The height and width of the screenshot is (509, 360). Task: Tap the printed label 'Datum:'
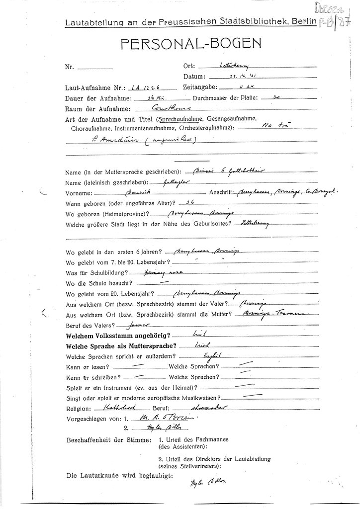pos(194,77)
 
